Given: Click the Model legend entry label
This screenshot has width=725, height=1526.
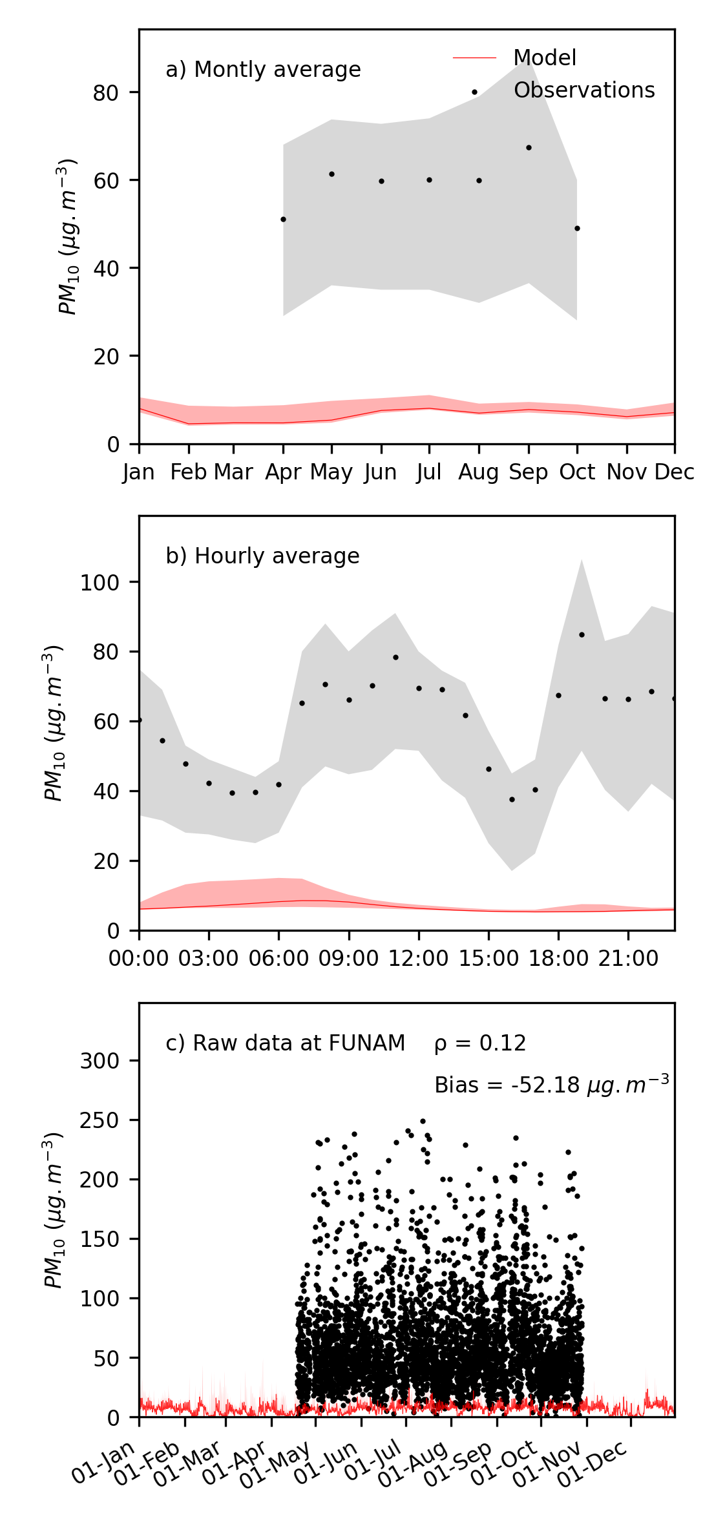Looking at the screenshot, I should [x=544, y=58].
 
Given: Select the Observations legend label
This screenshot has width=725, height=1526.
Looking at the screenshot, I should [x=583, y=90].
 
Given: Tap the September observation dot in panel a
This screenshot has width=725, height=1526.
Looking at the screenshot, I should [x=529, y=148].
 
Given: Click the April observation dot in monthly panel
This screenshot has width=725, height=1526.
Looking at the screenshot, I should [x=283, y=220].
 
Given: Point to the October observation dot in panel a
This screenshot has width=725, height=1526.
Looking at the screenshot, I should [x=577, y=229].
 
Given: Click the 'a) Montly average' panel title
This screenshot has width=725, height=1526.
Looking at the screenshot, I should [x=263, y=70].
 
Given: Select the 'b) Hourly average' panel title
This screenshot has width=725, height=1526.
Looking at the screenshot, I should [x=262, y=556].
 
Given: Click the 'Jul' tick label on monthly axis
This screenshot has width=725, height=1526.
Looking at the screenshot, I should [x=429, y=473].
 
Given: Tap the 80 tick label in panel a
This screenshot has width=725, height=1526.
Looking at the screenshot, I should [x=106, y=93].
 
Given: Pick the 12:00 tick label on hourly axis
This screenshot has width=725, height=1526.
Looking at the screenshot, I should [x=418, y=959].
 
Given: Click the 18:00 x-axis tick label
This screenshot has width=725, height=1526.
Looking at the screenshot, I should [x=558, y=959].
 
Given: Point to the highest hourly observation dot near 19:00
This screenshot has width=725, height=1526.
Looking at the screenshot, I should [x=582, y=635].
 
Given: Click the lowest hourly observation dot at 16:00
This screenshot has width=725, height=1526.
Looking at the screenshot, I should [x=512, y=800].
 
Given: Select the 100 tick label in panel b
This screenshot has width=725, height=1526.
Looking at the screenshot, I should [x=100, y=583].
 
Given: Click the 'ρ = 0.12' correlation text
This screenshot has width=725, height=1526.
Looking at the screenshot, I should [x=480, y=1043].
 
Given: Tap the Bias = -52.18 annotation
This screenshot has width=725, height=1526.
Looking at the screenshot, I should [x=551, y=1085].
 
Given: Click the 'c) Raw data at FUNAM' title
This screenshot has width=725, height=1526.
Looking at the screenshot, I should [x=286, y=1043].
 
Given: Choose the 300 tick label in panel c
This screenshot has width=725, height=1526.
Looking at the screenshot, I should [x=100, y=1061].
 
